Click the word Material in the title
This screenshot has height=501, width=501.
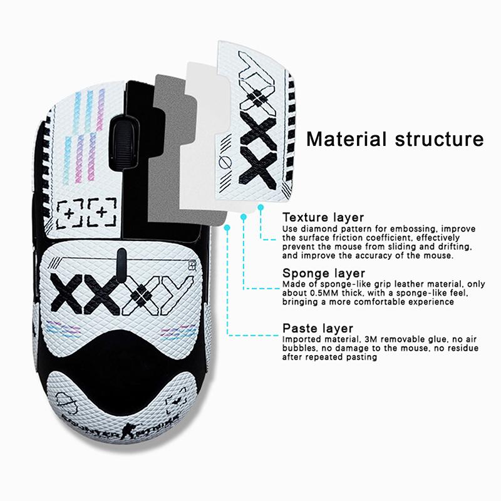point(343,138)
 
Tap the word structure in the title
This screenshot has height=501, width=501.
point(441,138)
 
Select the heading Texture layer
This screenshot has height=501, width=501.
point(323,217)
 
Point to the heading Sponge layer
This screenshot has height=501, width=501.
point(323,273)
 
